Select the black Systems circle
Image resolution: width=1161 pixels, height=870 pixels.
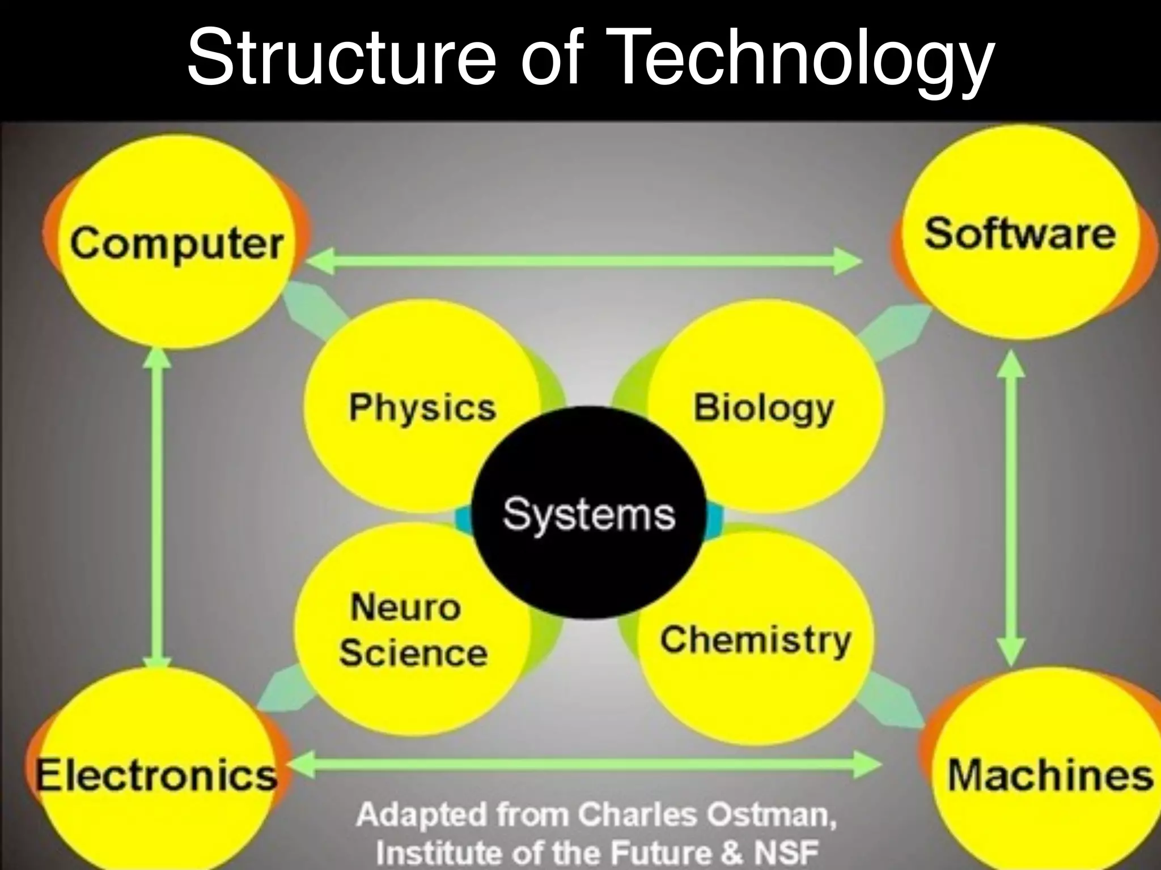pyautogui.click(x=590, y=513)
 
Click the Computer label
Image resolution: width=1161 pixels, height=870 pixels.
pyautogui.click(x=176, y=244)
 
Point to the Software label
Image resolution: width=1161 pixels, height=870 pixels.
pyautogui.click(x=1019, y=234)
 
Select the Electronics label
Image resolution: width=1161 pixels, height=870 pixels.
pyautogui.click(x=156, y=774)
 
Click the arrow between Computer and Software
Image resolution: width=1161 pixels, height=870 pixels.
pyautogui.click(x=584, y=262)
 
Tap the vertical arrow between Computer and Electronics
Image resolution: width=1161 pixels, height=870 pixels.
pyautogui.click(x=157, y=510)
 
